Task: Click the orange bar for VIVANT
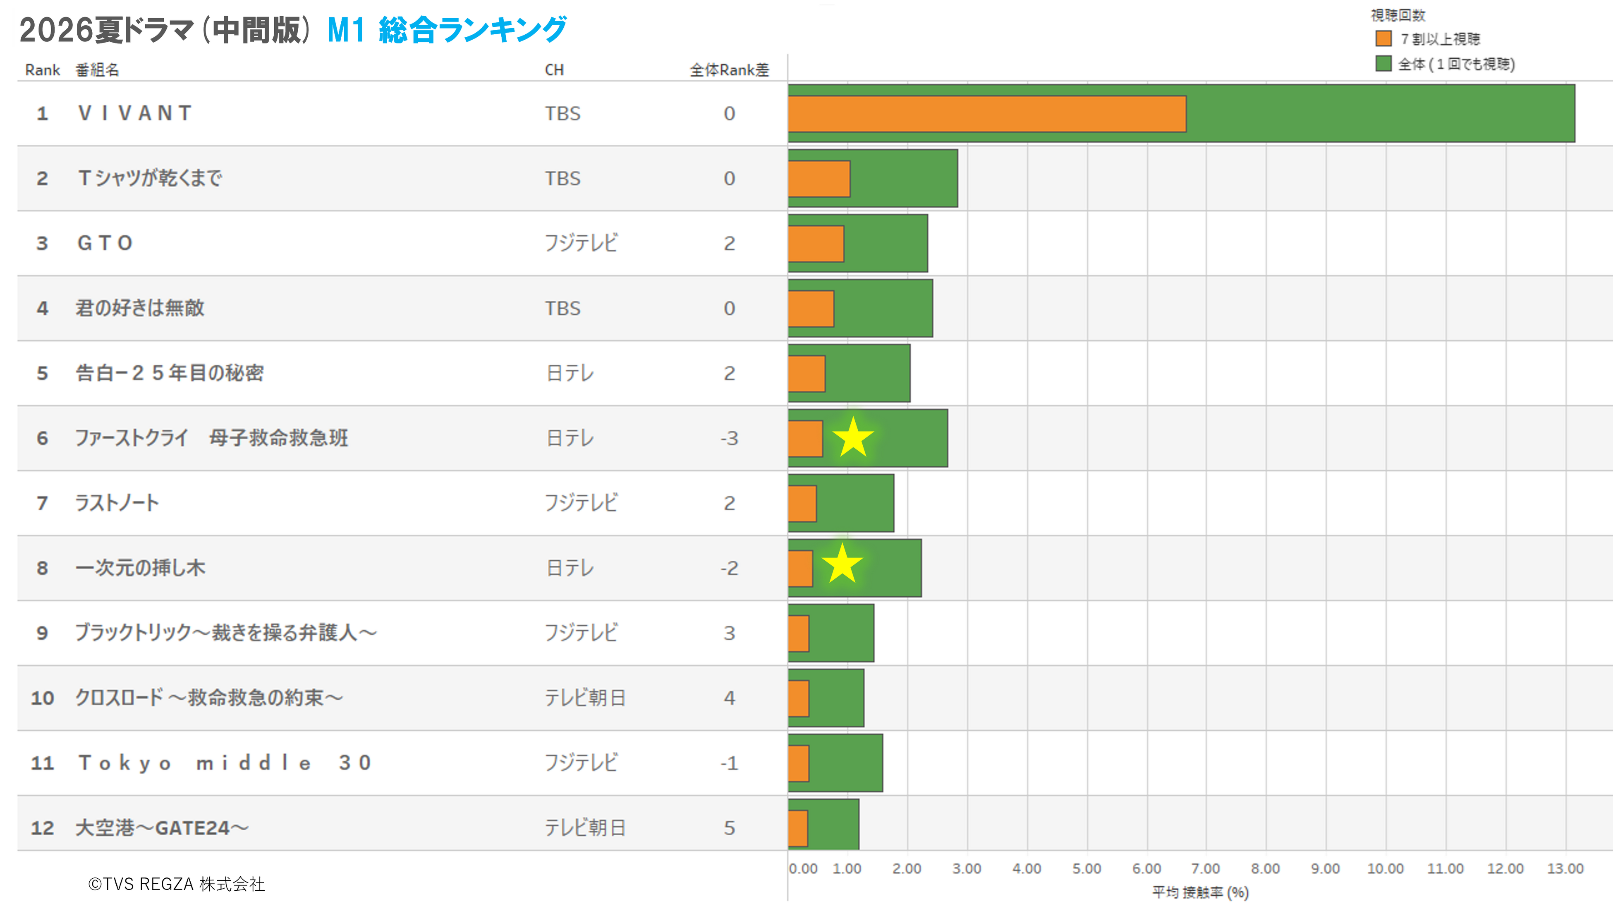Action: pyautogui.click(x=987, y=114)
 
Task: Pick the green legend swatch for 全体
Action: pyautogui.click(x=1383, y=64)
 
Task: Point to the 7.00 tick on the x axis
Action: pyautogui.click(x=1205, y=868)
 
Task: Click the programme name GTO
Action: pyautogui.click(x=105, y=243)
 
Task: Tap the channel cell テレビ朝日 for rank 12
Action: pyautogui.click(x=585, y=828)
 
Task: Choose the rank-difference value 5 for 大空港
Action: pyautogui.click(x=730, y=828)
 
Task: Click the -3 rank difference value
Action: pyautogui.click(x=730, y=438)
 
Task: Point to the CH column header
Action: pyautogui.click(x=554, y=69)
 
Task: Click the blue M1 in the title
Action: pyautogui.click(x=346, y=30)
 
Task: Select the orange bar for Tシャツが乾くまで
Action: pyautogui.click(x=819, y=179)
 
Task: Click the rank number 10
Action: pyautogui.click(x=43, y=698)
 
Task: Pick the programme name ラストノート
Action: pyautogui.click(x=117, y=503)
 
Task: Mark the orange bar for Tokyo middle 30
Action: pyautogui.click(x=798, y=763)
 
